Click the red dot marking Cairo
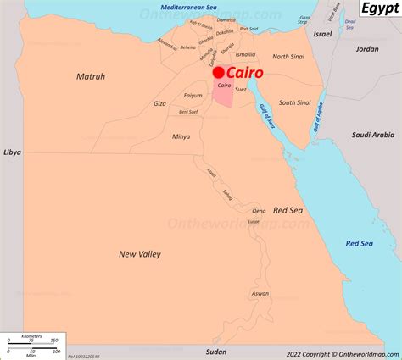click(x=218, y=74)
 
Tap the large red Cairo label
click(x=245, y=74)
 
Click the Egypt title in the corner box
click(x=380, y=9)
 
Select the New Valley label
click(x=140, y=253)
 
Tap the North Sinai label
click(x=291, y=57)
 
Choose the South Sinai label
click(x=294, y=102)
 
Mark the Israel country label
click(x=323, y=34)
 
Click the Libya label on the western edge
click(x=12, y=152)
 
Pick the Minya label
click(x=181, y=136)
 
